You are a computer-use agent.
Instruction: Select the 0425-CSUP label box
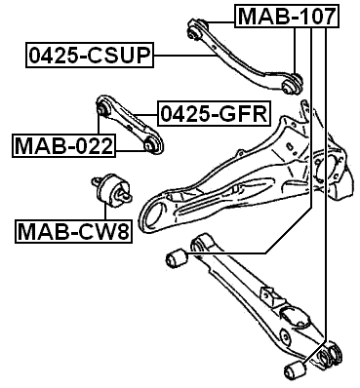(x=89, y=56)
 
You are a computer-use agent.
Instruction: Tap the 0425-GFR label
(x=213, y=114)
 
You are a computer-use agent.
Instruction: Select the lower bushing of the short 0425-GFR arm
(x=153, y=146)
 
